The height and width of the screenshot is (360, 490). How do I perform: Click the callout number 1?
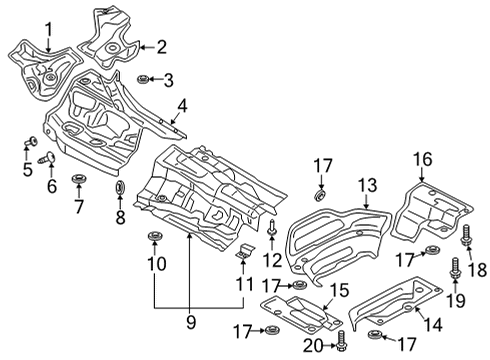click(49, 30)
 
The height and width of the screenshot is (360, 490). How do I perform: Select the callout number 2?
click(162, 47)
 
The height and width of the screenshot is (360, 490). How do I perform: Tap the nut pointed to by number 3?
click(143, 79)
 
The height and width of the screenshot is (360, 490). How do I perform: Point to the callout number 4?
click(182, 106)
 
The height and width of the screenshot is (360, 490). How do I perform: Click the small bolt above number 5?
click(31, 141)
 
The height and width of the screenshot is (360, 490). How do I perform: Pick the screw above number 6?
click(47, 158)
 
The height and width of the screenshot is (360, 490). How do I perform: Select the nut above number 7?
click(79, 178)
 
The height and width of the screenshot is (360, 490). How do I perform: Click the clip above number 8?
click(120, 187)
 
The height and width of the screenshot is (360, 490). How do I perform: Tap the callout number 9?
click(191, 322)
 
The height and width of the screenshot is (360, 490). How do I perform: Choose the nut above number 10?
click(154, 236)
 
